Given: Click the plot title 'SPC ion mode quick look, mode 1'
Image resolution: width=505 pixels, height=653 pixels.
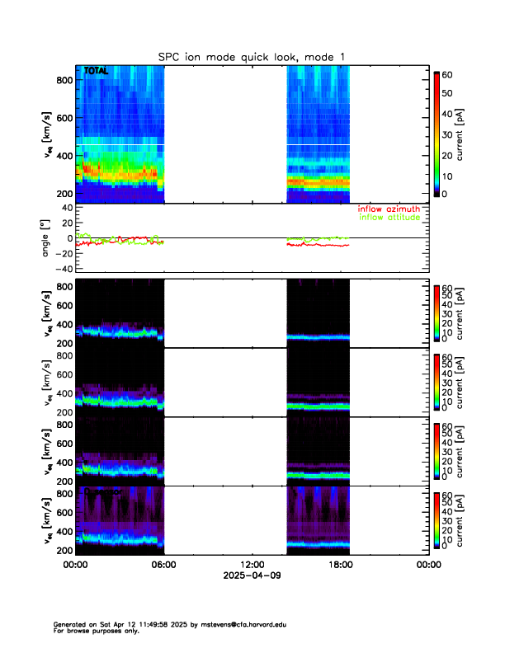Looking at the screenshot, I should coord(252,56).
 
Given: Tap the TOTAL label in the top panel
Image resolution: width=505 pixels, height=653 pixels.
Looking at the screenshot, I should coord(96,72).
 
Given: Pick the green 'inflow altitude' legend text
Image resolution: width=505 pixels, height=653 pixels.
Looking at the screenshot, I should coord(389,218).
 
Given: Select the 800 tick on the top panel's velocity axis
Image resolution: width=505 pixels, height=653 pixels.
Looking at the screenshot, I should coord(64,80).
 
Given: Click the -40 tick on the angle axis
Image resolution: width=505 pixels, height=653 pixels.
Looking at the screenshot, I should coord(61,269).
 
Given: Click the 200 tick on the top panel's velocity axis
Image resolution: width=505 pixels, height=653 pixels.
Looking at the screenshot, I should coord(64,194).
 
